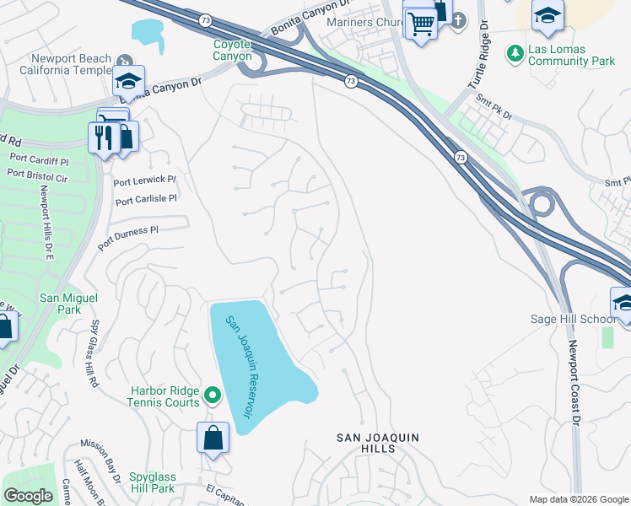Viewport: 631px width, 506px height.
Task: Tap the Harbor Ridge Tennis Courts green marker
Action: click(213, 395)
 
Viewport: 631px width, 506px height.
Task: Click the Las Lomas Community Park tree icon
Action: click(515, 54)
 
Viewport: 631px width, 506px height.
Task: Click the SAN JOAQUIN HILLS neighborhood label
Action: click(378, 443)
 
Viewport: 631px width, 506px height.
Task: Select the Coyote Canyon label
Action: click(232, 50)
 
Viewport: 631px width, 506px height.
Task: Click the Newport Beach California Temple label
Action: click(71, 63)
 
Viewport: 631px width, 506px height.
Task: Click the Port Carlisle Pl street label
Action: click(146, 200)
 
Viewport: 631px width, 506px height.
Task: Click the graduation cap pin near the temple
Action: click(128, 81)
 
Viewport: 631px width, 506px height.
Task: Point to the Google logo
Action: click(28, 496)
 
